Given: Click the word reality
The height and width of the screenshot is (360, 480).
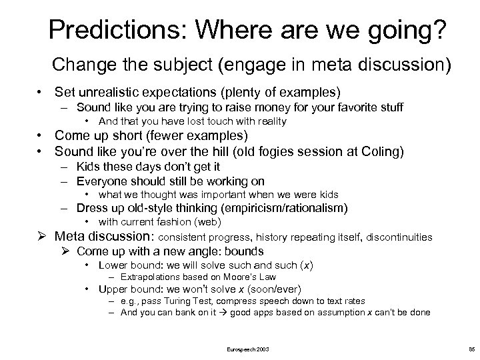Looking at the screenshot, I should coord(267,121).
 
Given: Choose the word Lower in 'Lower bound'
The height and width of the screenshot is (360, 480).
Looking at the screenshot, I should coord(111,265).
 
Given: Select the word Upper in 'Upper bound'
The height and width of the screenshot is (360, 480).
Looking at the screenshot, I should coord(111,289).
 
